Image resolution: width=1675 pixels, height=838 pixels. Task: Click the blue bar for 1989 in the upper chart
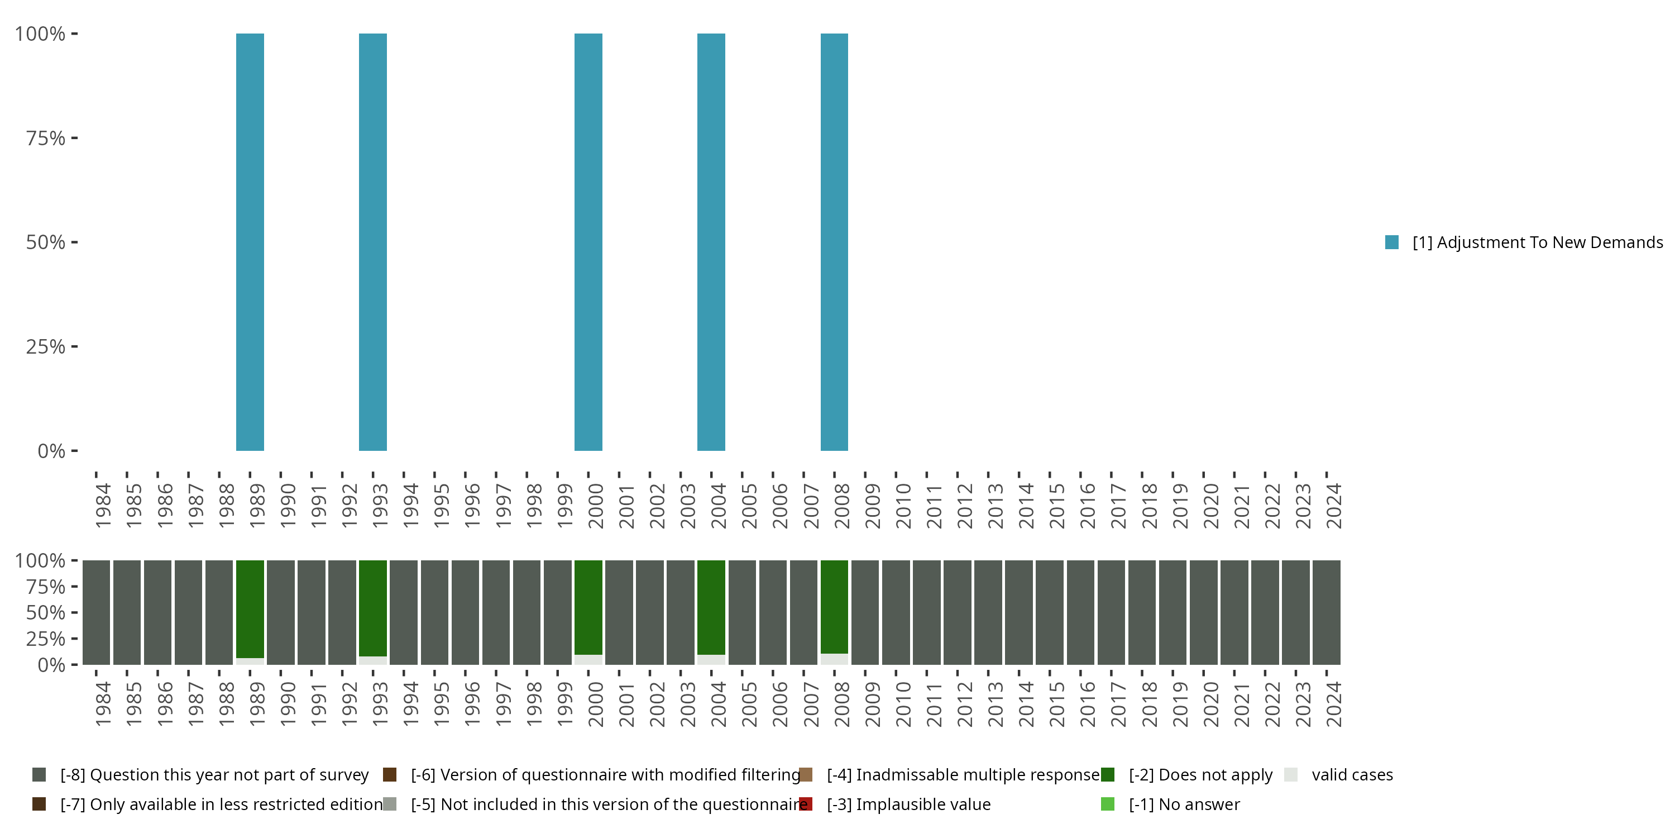pyautogui.click(x=250, y=242)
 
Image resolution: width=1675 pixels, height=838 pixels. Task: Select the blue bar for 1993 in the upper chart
pyautogui.click(x=372, y=242)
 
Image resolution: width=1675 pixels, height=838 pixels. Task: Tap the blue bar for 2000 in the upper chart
pyautogui.click(x=588, y=242)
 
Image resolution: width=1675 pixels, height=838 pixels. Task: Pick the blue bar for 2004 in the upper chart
pyautogui.click(x=711, y=242)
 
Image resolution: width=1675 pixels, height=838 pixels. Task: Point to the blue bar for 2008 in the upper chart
pyautogui.click(x=834, y=242)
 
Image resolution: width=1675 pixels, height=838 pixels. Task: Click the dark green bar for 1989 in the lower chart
pyautogui.click(x=250, y=608)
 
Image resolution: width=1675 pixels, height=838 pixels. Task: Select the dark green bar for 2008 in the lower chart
pyautogui.click(x=834, y=606)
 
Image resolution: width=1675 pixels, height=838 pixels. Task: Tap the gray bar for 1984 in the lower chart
pyautogui.click(x=96, y=612)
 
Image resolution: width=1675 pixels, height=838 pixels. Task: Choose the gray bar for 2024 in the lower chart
pyautogui.click(x=1327, y=612)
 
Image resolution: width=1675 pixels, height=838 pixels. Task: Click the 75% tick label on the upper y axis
pyautogui.click(x=46, y=138)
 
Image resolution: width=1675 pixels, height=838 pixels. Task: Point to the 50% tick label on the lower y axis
pyautogui.click(x=46, y=612)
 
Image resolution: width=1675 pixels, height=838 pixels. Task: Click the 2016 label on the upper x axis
pyautogui.click(x=1087, y=506)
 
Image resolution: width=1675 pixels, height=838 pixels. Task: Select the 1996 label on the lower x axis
pyautogui.click(x=472, y=704)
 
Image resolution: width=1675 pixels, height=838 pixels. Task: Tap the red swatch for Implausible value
pyautogui.click(x=806, y=804)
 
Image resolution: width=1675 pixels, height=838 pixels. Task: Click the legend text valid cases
pyautogui.click(x=1352, y=775)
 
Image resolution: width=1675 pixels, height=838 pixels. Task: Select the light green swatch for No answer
pyautogui.click(x=1108, y=804)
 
